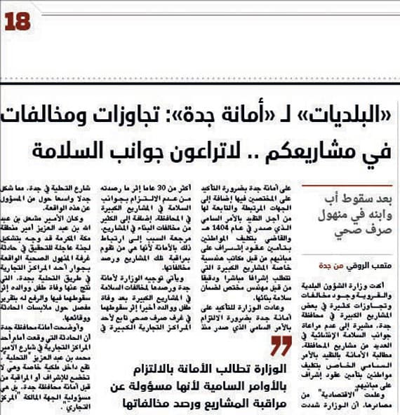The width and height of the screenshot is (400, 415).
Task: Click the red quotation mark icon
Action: tap(281, 346)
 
